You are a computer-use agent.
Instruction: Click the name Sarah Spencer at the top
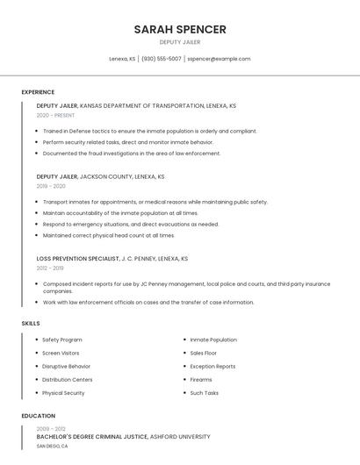tap(180, 29)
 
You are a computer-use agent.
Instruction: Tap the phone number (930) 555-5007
tap(162, 59)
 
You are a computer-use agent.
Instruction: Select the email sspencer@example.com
tap(220, 59)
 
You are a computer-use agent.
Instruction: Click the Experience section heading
tap(38, 92)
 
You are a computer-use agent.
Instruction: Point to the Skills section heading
tap(31, 323)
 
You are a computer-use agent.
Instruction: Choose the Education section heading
tap(38, 416)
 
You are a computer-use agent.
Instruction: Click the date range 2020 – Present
tap(55, 115)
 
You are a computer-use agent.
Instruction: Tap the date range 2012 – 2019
tap(49, 268)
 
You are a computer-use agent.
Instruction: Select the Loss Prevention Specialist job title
tap(77, 259)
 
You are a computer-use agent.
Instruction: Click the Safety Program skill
tap(61, 340)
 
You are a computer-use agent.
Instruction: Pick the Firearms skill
tap(201, 379)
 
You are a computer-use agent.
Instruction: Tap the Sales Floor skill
tap(204, 353)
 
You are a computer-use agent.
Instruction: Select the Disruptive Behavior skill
tap(66, 366)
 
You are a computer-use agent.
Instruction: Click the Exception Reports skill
tap(212, 366)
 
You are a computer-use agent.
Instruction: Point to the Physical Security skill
tap(63, 392)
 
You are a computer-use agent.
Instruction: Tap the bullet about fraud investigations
tap(132, 154)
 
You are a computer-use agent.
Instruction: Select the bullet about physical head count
tap(108, 235)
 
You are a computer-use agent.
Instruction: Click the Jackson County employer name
tap(105, 176)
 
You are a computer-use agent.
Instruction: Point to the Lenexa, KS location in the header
tap(122, 59)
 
